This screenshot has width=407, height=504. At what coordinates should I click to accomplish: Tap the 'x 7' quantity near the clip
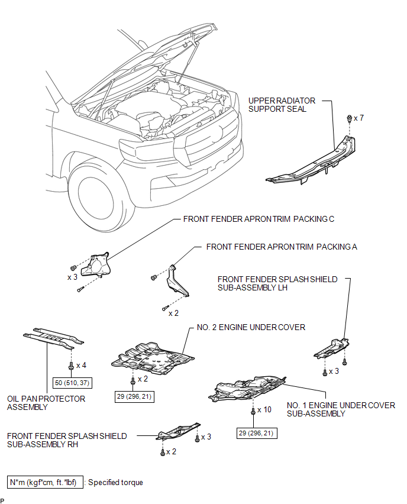pos(358,118)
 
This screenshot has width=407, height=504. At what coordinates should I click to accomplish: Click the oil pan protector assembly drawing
pos(53,338)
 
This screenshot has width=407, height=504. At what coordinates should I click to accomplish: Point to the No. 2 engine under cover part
pos(153,358)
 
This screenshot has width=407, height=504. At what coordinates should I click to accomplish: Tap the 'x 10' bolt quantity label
pos(264,410)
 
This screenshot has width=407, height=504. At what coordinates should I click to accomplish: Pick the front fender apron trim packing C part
pos(95,265)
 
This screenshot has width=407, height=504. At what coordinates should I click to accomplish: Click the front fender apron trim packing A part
pos(176,280)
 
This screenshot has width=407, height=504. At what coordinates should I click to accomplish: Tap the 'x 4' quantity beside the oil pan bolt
pos(81,366)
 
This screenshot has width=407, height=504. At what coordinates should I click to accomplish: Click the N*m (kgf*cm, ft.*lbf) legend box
pos(45,482)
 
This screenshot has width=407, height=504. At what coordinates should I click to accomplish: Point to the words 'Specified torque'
pos(115,483)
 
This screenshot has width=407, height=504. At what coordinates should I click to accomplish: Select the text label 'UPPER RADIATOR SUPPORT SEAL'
pos(282,105)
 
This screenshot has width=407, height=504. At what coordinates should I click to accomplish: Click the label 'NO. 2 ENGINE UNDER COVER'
pos(251,327)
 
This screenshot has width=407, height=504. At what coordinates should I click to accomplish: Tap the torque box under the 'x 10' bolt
pos(257,433)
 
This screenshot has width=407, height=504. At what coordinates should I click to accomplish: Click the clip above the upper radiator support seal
pos(350,118)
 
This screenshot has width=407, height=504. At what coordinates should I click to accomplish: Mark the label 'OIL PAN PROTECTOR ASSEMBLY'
pos(46,403)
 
